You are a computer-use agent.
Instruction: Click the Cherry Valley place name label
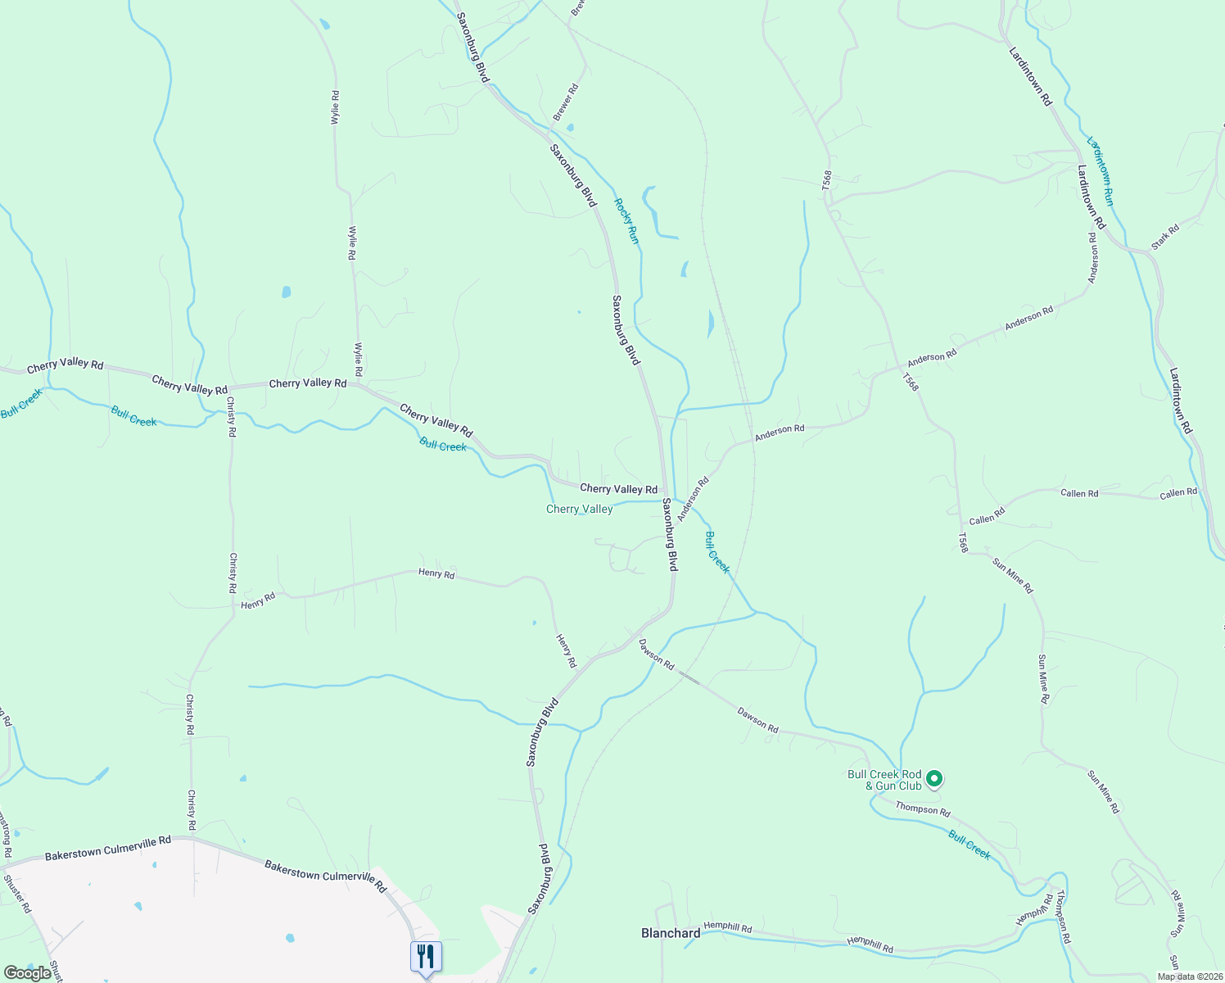pyautogui.click(x=579, y=510)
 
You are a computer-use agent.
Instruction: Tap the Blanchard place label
pyautogui.click(x=671, y=933)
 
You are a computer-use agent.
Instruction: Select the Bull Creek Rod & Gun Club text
pyautogui.click(x=884, y=780)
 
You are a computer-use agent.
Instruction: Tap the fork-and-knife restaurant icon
pyautogui.click(x=426, y=956)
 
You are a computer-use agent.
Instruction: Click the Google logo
pyautogui.click(x=27, y=973)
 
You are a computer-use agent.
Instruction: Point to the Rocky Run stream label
pyautogui.click(x=626, y=220)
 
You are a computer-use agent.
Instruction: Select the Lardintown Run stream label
pyautogui.click(x=1100, y=170)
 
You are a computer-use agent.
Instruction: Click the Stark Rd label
pyautogui.click(x=1164, y=236)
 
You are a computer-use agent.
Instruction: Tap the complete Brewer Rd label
pyautogui.click(x=566, y=102)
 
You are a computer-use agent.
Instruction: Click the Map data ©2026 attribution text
pyautogui.click(x=1190, y=976)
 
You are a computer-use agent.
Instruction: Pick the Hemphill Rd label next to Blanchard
pyautogui.click(x=728, y=927)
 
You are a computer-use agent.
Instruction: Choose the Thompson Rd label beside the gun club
pyautogui.click(x=923, y=809)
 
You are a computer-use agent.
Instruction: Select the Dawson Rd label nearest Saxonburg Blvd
pyautogui.click(x=656, y=654)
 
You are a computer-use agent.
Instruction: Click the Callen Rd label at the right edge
pyautogui.click(x=1178, y=492)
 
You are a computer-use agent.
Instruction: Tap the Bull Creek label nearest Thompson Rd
pyautogui.click(x=970, y=845)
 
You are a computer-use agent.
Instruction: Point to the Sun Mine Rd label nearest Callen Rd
pyautogui.click(x=1013, y=575)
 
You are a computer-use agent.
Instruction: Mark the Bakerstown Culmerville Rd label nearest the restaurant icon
pyautogui.click(x=325, y=876)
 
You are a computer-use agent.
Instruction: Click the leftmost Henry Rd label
pyautogui.click(x=258, y=602)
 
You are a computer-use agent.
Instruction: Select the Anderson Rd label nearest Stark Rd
pyautogui.click(x=1092, y=258)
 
